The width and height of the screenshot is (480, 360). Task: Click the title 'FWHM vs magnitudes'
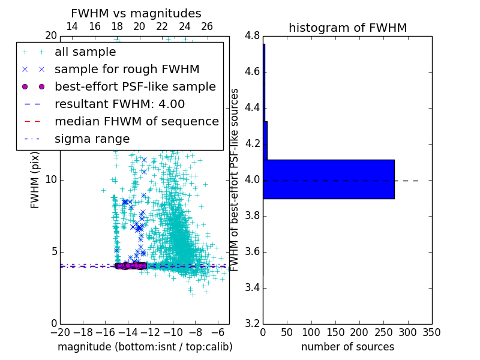pyautogui.click(x=136, y=13)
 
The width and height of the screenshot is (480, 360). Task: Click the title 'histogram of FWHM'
pyautogui.click(x=347, y=28)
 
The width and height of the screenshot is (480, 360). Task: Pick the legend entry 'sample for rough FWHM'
pyautogui.click(x=127, y=69)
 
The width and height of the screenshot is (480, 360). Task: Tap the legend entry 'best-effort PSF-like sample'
pyautogui.click(x=135, y=86)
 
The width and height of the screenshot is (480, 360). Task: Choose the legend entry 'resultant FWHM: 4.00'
pyautogui.click(x=119, y=104)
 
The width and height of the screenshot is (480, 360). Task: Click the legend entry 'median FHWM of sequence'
pyautogui.click(x=136, y=121)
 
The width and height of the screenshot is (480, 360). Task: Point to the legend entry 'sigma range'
pyautogui.click(x=92, y=139)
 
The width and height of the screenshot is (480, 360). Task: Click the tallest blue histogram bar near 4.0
pyautogui.click(x=328, y=179)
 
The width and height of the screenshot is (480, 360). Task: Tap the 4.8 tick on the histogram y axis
pyautogui.click(x=252, y=35)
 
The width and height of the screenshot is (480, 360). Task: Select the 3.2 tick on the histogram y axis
pyautogui.click(x=252, y=323)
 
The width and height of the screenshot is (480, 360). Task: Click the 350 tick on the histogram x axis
pyautogui.click(x=431, y=332)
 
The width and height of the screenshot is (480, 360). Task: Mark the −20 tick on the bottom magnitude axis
pyautogui.click(x=60, y=332)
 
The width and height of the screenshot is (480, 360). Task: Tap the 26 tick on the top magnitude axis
pyautogui.click(x=207, y=26)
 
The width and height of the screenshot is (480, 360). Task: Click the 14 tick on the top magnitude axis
pyautogui.click(x=71, y=26)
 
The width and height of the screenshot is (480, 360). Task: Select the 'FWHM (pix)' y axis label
pyautogui.click(x=35, y=180)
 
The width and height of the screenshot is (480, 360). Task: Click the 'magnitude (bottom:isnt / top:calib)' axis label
pyautogui.click(x=145, y=347)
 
